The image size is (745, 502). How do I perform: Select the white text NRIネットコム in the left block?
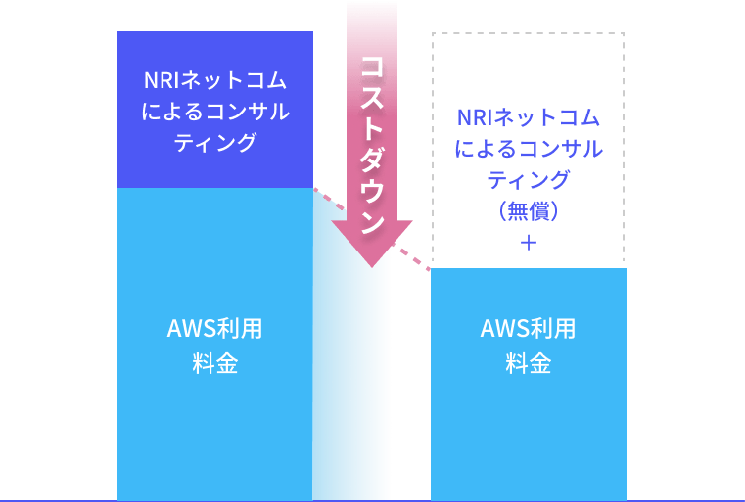point(215,80)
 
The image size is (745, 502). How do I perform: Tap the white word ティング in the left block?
point(215,143)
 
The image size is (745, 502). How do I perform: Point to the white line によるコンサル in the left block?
point(215,112)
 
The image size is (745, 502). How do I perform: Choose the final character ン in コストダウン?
point(371,221)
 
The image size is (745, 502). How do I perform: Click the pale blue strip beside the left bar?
point(350,391)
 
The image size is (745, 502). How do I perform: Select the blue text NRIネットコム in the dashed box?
point(529,117)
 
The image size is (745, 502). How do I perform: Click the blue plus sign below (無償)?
point(529,242)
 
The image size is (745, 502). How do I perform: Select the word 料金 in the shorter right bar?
point(529,365)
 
